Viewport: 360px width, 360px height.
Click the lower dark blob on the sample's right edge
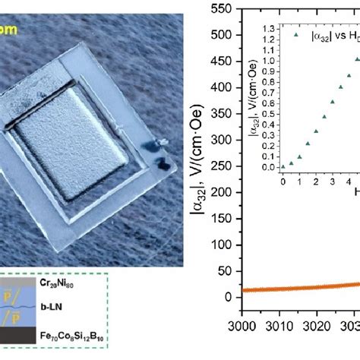[x=163, y=162]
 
